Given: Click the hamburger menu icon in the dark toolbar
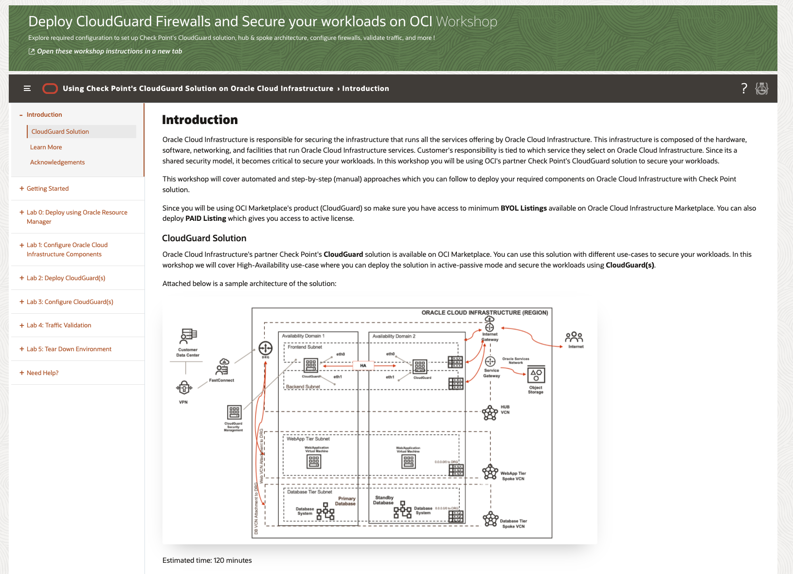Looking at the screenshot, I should (x=27, y=89).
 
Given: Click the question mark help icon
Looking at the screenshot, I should (x=744, y=89).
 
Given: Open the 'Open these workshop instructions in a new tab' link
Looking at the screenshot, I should (x=109, y=52).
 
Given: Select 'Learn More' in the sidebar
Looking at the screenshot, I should (x=46, y=147).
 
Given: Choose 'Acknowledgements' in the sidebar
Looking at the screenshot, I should (x=57, y=162).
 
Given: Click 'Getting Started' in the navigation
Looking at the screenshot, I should (x=48, y=189).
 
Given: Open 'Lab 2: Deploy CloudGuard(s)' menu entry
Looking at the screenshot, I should (x=66, y=278).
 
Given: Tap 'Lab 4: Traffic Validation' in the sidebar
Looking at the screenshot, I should (x=59, y=325).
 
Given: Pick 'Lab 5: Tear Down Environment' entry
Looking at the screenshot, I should (x=69, y=349).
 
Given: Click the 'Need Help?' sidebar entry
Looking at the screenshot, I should (x=42, y=373).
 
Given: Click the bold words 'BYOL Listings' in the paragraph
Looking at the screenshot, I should (x=523, y=208).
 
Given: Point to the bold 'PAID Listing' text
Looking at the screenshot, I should (x=206, y=219).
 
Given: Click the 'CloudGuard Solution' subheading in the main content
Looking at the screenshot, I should (x=204, y=238).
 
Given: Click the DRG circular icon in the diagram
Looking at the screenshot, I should (x=265, y=348).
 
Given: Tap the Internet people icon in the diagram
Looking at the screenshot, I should (x=574, y=337).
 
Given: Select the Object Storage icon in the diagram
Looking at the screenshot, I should (x=536, y=375).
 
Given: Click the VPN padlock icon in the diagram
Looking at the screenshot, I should (x=183, y=388).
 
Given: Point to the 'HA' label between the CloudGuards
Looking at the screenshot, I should (x=363, y=365).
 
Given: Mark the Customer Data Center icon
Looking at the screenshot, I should (x=188, y=336).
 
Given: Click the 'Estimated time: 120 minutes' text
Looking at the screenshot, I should (x=207, y=560).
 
